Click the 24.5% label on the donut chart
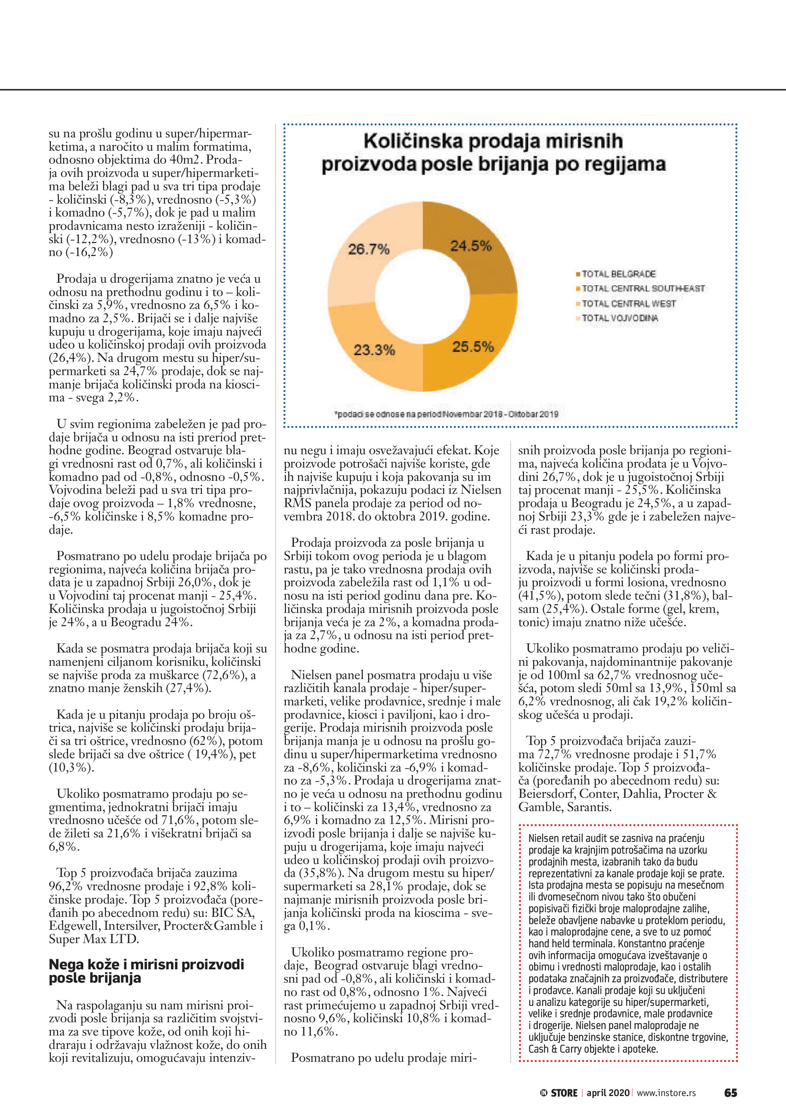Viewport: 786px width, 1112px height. [471, 246]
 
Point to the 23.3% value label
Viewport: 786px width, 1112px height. [374, 350]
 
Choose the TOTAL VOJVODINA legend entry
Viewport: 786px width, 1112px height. [619, 318]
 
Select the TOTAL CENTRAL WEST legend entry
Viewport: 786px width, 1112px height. [628, 304]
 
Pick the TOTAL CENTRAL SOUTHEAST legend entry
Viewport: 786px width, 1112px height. [643, 289]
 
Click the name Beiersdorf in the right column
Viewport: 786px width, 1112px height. [545, 794]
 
